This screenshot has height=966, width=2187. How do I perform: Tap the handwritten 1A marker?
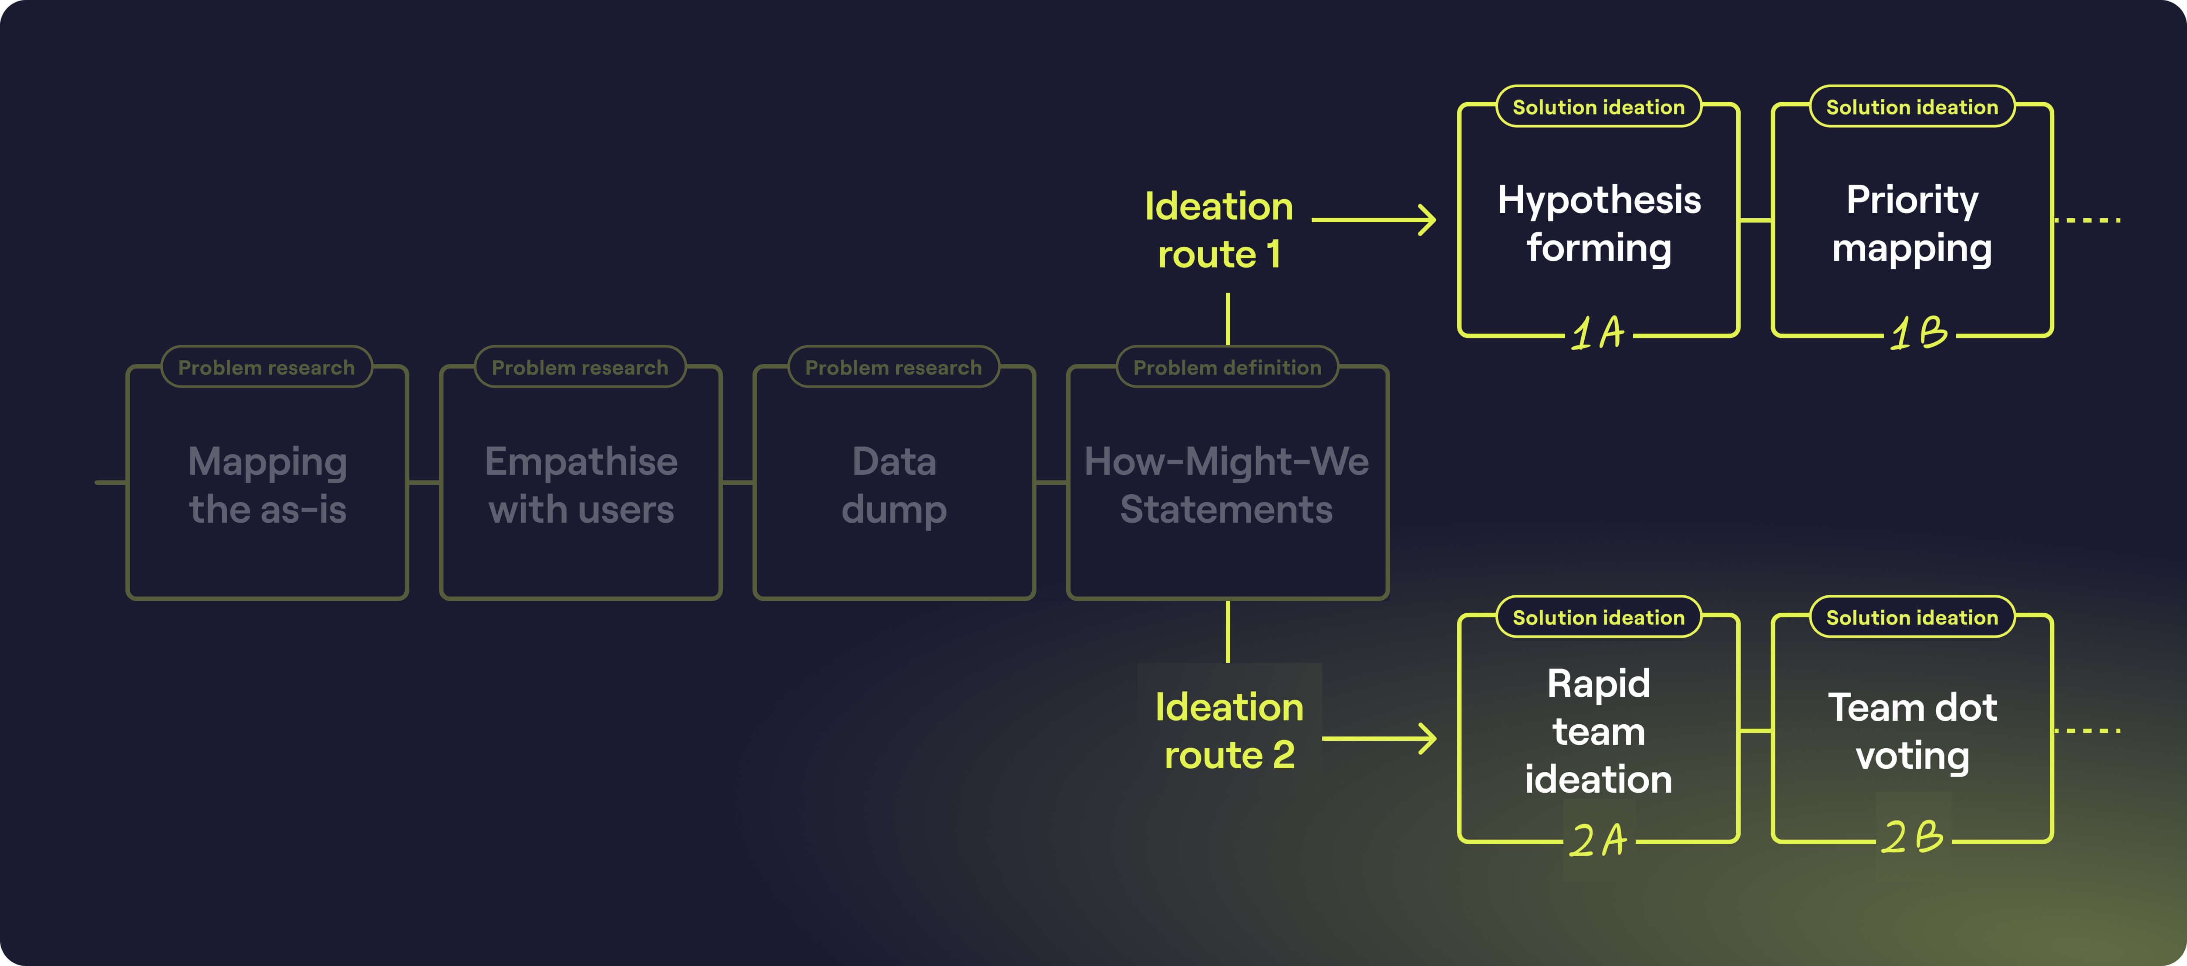tap(1598, 333)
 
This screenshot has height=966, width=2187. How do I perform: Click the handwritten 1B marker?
tap(1919, 333)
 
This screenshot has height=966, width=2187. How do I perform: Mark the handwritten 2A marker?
tap(1598, 841)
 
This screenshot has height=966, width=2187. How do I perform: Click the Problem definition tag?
tap(1227, 368)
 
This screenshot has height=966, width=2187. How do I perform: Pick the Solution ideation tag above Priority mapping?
tap(1912, 107)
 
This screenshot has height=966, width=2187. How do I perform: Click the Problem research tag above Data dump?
tap(893, 368)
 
